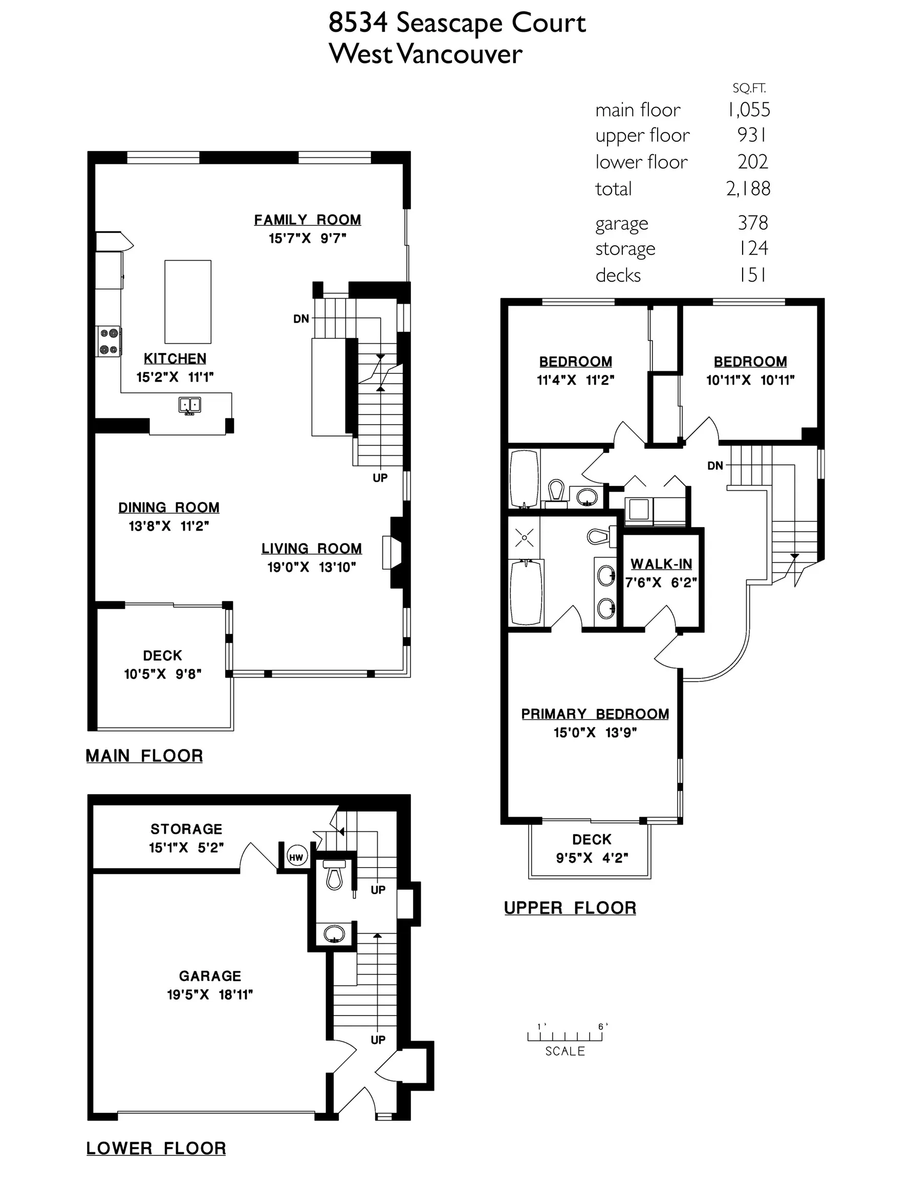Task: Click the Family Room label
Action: (x=307, y=220)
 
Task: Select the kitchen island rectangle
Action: (x=187, y=302)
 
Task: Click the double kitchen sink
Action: (x=189, y=405)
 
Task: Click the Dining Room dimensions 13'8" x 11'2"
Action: (x=168, y=525)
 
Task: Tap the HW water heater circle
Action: (x=296, y=857)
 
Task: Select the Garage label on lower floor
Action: (x=209, y=976)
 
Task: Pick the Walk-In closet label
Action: (x=661, y=564)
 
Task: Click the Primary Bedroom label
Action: (x=595, y=714)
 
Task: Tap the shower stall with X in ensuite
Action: (x=524, y=538)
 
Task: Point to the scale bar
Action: (x=565, y=1036)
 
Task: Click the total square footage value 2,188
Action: (x=747, y=188)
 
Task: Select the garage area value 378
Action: (x=752, y=223)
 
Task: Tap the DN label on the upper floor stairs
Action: (x=714, y=466)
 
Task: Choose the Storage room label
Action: (x=186, y=829)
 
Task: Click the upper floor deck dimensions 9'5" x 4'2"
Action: (x=592, y=858)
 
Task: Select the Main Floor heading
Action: (x=144, y=755)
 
